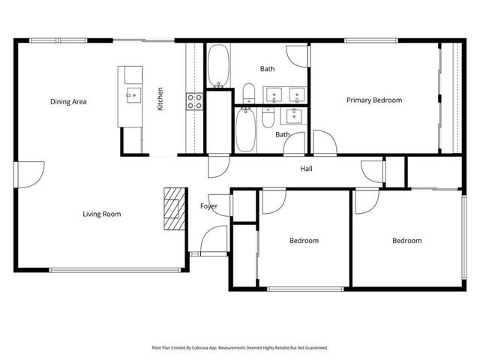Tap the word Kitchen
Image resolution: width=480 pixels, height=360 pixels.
160,100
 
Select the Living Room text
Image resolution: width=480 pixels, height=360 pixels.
102,214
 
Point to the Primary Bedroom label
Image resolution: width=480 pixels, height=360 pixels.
373,100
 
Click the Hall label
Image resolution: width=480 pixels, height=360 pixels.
306,169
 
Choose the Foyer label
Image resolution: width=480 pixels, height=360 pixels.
209,206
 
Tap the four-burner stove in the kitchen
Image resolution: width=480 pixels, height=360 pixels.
195,100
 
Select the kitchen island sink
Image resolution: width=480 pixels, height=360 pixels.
132,94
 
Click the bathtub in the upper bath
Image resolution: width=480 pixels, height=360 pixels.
219,67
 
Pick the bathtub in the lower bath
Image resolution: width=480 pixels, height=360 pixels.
244,131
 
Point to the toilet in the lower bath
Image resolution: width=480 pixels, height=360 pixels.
268,120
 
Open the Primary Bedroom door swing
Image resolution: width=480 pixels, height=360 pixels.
324,142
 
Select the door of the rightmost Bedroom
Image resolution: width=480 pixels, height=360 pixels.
367,199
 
